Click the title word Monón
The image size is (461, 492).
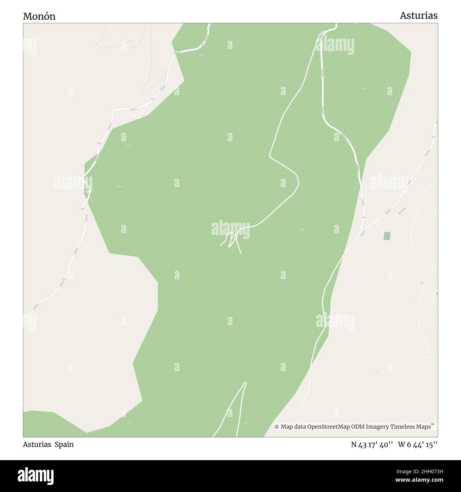click(x=39, y=16)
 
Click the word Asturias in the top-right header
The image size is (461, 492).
click(x=418, y=16)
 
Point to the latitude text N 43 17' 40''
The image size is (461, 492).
click(x=372, y=444)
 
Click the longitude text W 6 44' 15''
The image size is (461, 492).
click(x=418, y=444)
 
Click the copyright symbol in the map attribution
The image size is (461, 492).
click(x=277, y=427)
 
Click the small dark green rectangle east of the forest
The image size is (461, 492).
click(x=387, y=235)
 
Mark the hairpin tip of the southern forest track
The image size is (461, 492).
click(x=245, y=383)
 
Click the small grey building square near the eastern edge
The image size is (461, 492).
click(x=422, y=283)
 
